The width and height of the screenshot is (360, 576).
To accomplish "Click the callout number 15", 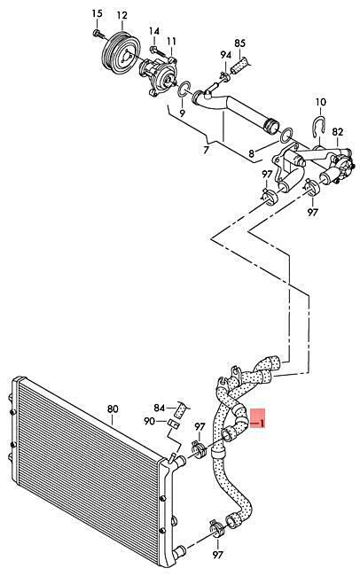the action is click(97, 14).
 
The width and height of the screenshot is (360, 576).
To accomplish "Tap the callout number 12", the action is click(122, 15).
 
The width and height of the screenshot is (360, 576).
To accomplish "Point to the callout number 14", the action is click(154, 31).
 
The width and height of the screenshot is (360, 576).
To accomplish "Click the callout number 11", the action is click(172, 41).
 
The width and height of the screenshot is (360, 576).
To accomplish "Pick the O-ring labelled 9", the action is click(184, 90).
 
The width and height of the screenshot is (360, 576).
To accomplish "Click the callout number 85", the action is click(239, 43).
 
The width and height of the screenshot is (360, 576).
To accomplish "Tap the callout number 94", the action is click(226, 55).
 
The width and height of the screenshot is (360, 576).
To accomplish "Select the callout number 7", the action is click(206, 150).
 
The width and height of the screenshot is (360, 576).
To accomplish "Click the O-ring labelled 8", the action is click(286, 136).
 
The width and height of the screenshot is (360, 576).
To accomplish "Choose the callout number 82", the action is click(337, 132).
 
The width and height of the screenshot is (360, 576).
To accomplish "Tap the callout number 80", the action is click(113, 409).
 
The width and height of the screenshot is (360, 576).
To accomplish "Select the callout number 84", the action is click(160, 408).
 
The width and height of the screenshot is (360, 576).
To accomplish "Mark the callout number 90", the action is click(150, 421).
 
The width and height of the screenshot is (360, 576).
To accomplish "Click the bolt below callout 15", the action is click(98, 35).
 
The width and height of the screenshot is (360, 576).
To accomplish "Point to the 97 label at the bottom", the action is click(218, 555).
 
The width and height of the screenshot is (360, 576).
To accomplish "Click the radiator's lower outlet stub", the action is click(179, 551).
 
